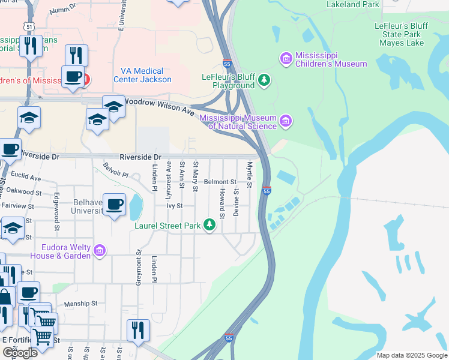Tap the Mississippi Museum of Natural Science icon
pos(286,122)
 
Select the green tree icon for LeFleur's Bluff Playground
pos(263,80)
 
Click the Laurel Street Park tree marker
pos(209,225)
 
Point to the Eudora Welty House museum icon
pos(100,249)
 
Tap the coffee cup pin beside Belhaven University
pos(114,205)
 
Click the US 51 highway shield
pos(29,27)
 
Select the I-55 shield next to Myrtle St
pos(267,191)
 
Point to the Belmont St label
pos(220,182)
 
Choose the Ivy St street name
pos(174,206)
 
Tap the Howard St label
pos(221,203)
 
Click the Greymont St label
pos(138,268)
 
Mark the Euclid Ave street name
pos(26,178)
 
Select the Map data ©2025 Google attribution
pos(411,355)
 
